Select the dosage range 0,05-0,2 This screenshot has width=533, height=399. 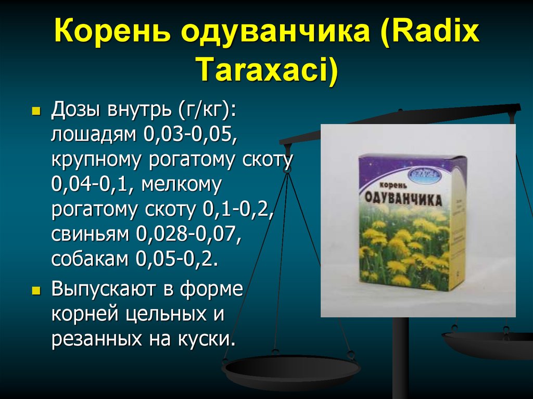click(177, 259)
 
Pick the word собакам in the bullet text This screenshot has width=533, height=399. click(91, 259)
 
